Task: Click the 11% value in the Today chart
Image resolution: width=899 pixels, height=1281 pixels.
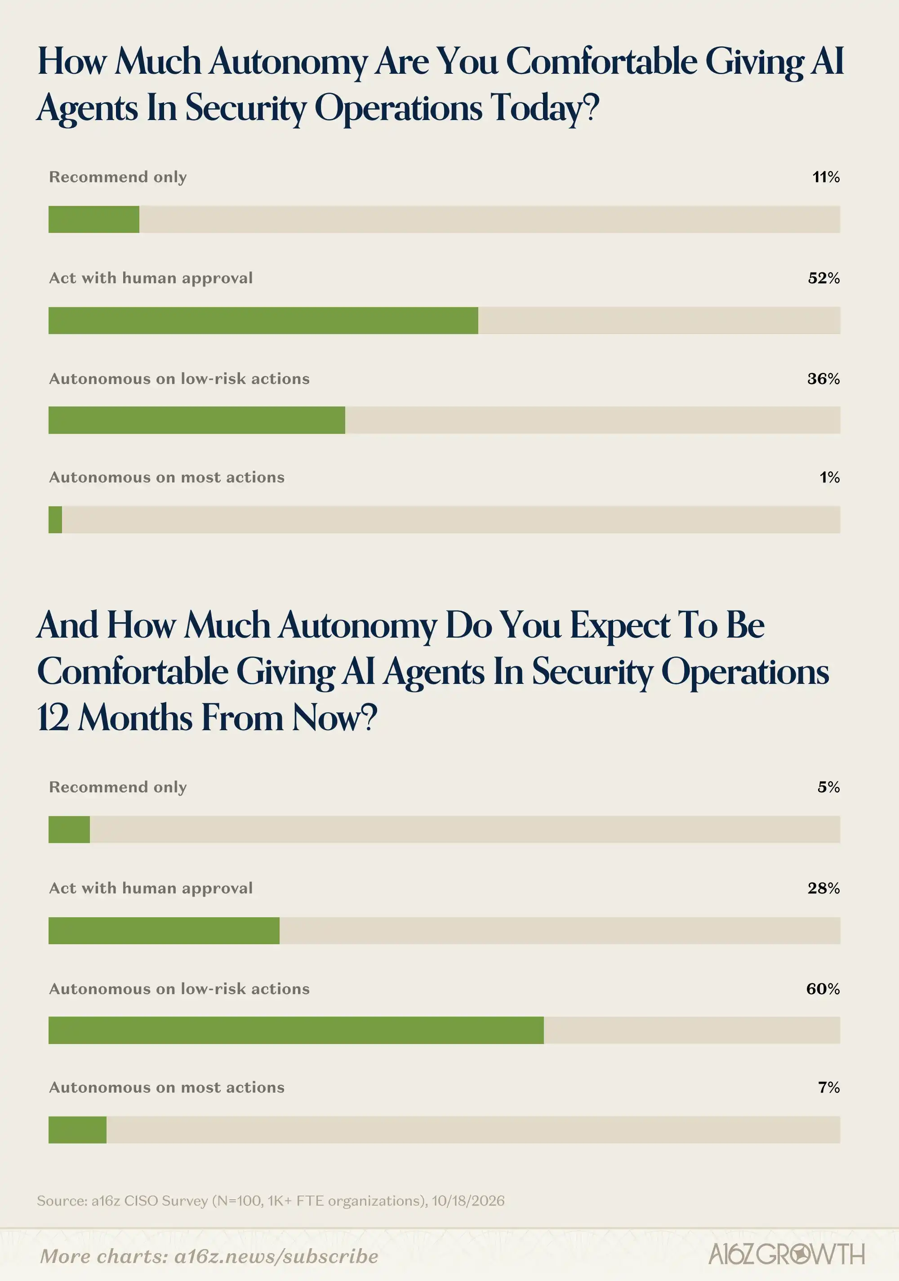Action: click(826, 177)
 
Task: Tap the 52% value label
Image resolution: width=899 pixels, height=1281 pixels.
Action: click(824, 278)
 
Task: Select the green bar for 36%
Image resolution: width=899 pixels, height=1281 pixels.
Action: click(197, 420)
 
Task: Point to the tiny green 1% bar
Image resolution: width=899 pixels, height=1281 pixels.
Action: click(55, 519)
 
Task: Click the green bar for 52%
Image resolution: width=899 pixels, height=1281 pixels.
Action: click(263, 320)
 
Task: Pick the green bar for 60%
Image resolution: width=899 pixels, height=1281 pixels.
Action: click(296, 1030)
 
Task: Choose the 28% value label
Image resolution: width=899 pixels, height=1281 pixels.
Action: click(824, 888)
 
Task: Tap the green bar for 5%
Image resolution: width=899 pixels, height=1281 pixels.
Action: click(69, 829)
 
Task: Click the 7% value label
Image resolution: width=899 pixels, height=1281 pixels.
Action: click(829, 1087)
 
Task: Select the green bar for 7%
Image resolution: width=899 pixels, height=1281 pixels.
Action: click(77, 1130)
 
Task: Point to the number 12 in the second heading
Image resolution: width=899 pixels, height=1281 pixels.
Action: click(53, 718)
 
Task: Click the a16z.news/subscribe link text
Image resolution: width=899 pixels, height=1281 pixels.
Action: click(276, 1256)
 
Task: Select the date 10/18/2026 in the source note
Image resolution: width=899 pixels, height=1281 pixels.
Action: click(468, 1200)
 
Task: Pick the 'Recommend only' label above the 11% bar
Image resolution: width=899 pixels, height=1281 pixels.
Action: click(118, 177)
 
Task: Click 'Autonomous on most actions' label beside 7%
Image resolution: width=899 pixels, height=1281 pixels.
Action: click(167, 1087)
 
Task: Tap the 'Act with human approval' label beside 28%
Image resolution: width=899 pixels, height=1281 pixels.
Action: click(151, 888)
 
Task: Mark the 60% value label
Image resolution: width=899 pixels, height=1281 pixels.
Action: click(823, 989)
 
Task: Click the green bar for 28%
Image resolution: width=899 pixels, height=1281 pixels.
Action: click(164, 931)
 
